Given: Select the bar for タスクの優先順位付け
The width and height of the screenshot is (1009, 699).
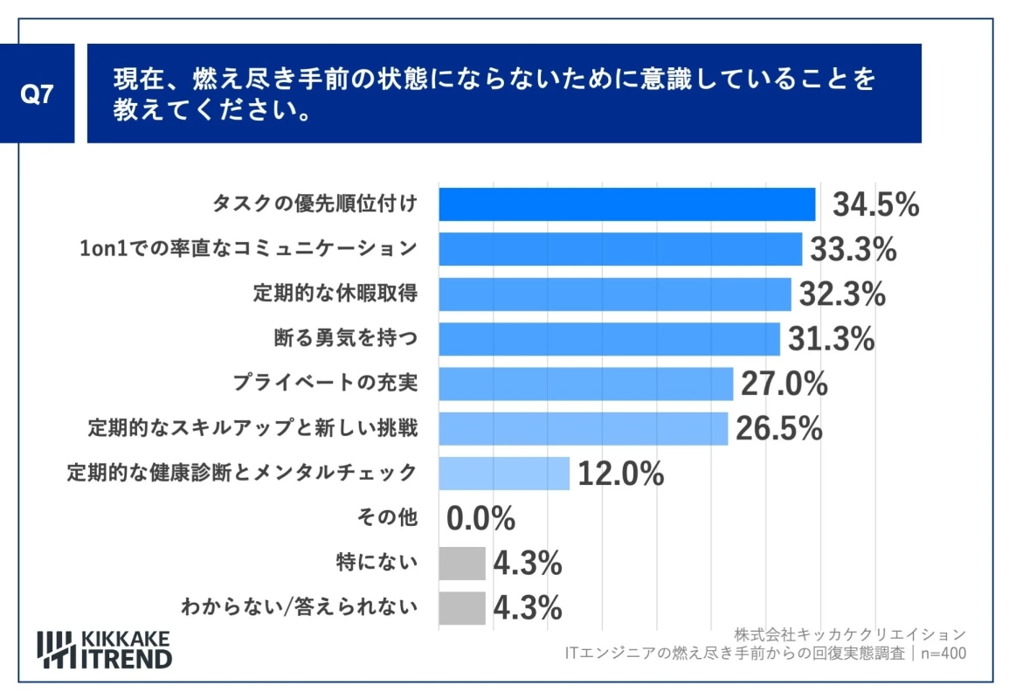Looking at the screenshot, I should tap(626, 204).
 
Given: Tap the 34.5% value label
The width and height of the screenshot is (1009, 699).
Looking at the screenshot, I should tap(874, 205).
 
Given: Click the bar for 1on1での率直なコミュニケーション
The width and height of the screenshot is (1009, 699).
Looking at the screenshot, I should tap(619, 249).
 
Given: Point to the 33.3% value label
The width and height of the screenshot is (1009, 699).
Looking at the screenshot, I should tap(853, 250).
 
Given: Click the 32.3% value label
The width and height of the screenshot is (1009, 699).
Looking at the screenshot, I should tap(841, 294).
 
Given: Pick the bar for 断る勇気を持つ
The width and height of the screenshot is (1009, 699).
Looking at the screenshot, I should tap(609, 339).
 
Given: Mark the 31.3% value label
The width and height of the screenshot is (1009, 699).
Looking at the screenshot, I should tap(831, 340).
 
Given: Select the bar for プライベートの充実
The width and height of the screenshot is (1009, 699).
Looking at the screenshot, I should tap(585, 384).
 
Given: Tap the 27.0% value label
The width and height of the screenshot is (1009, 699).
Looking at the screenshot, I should tap(784, 384).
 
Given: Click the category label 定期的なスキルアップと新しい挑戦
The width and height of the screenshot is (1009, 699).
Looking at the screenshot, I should tap(252, 429).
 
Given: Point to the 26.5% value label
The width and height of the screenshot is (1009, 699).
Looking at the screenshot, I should tap(778, 429).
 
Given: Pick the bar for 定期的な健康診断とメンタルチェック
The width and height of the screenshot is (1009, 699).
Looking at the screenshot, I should tap(503, 474).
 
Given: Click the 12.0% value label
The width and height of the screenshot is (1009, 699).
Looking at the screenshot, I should tap(620, 474).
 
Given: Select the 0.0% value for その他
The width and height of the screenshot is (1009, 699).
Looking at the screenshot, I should tap(480, 519).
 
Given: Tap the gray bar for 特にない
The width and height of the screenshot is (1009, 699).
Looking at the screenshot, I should tap(461, 564).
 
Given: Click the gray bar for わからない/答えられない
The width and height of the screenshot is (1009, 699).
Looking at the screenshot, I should tap(461, 608).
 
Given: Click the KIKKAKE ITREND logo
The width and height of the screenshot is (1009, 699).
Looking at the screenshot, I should tap(105, 648).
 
